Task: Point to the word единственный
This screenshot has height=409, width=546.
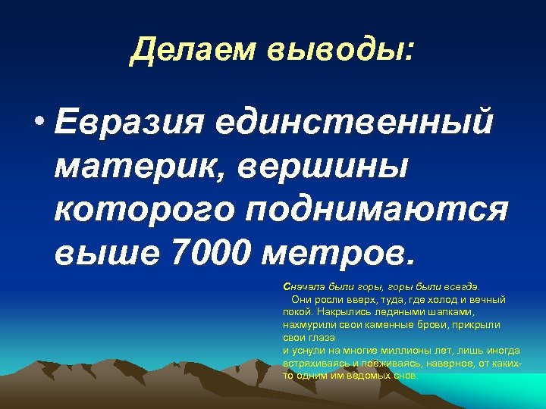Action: click(353, 123)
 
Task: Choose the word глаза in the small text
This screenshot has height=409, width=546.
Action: click(318, 337)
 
